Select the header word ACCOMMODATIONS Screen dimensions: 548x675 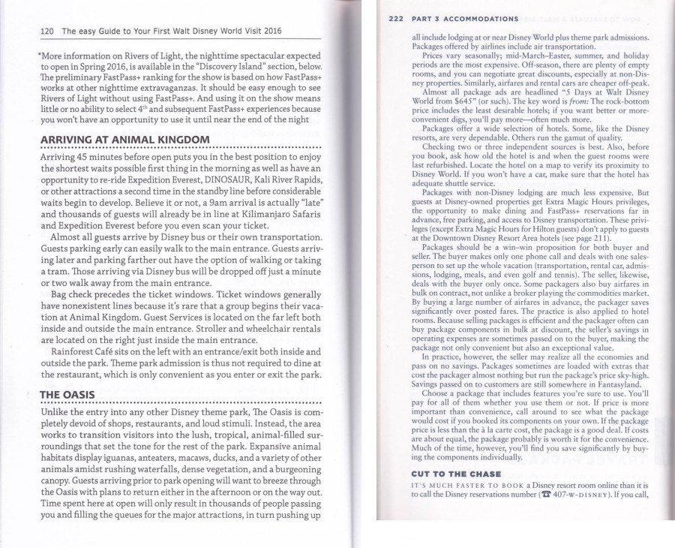(479, 18)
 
